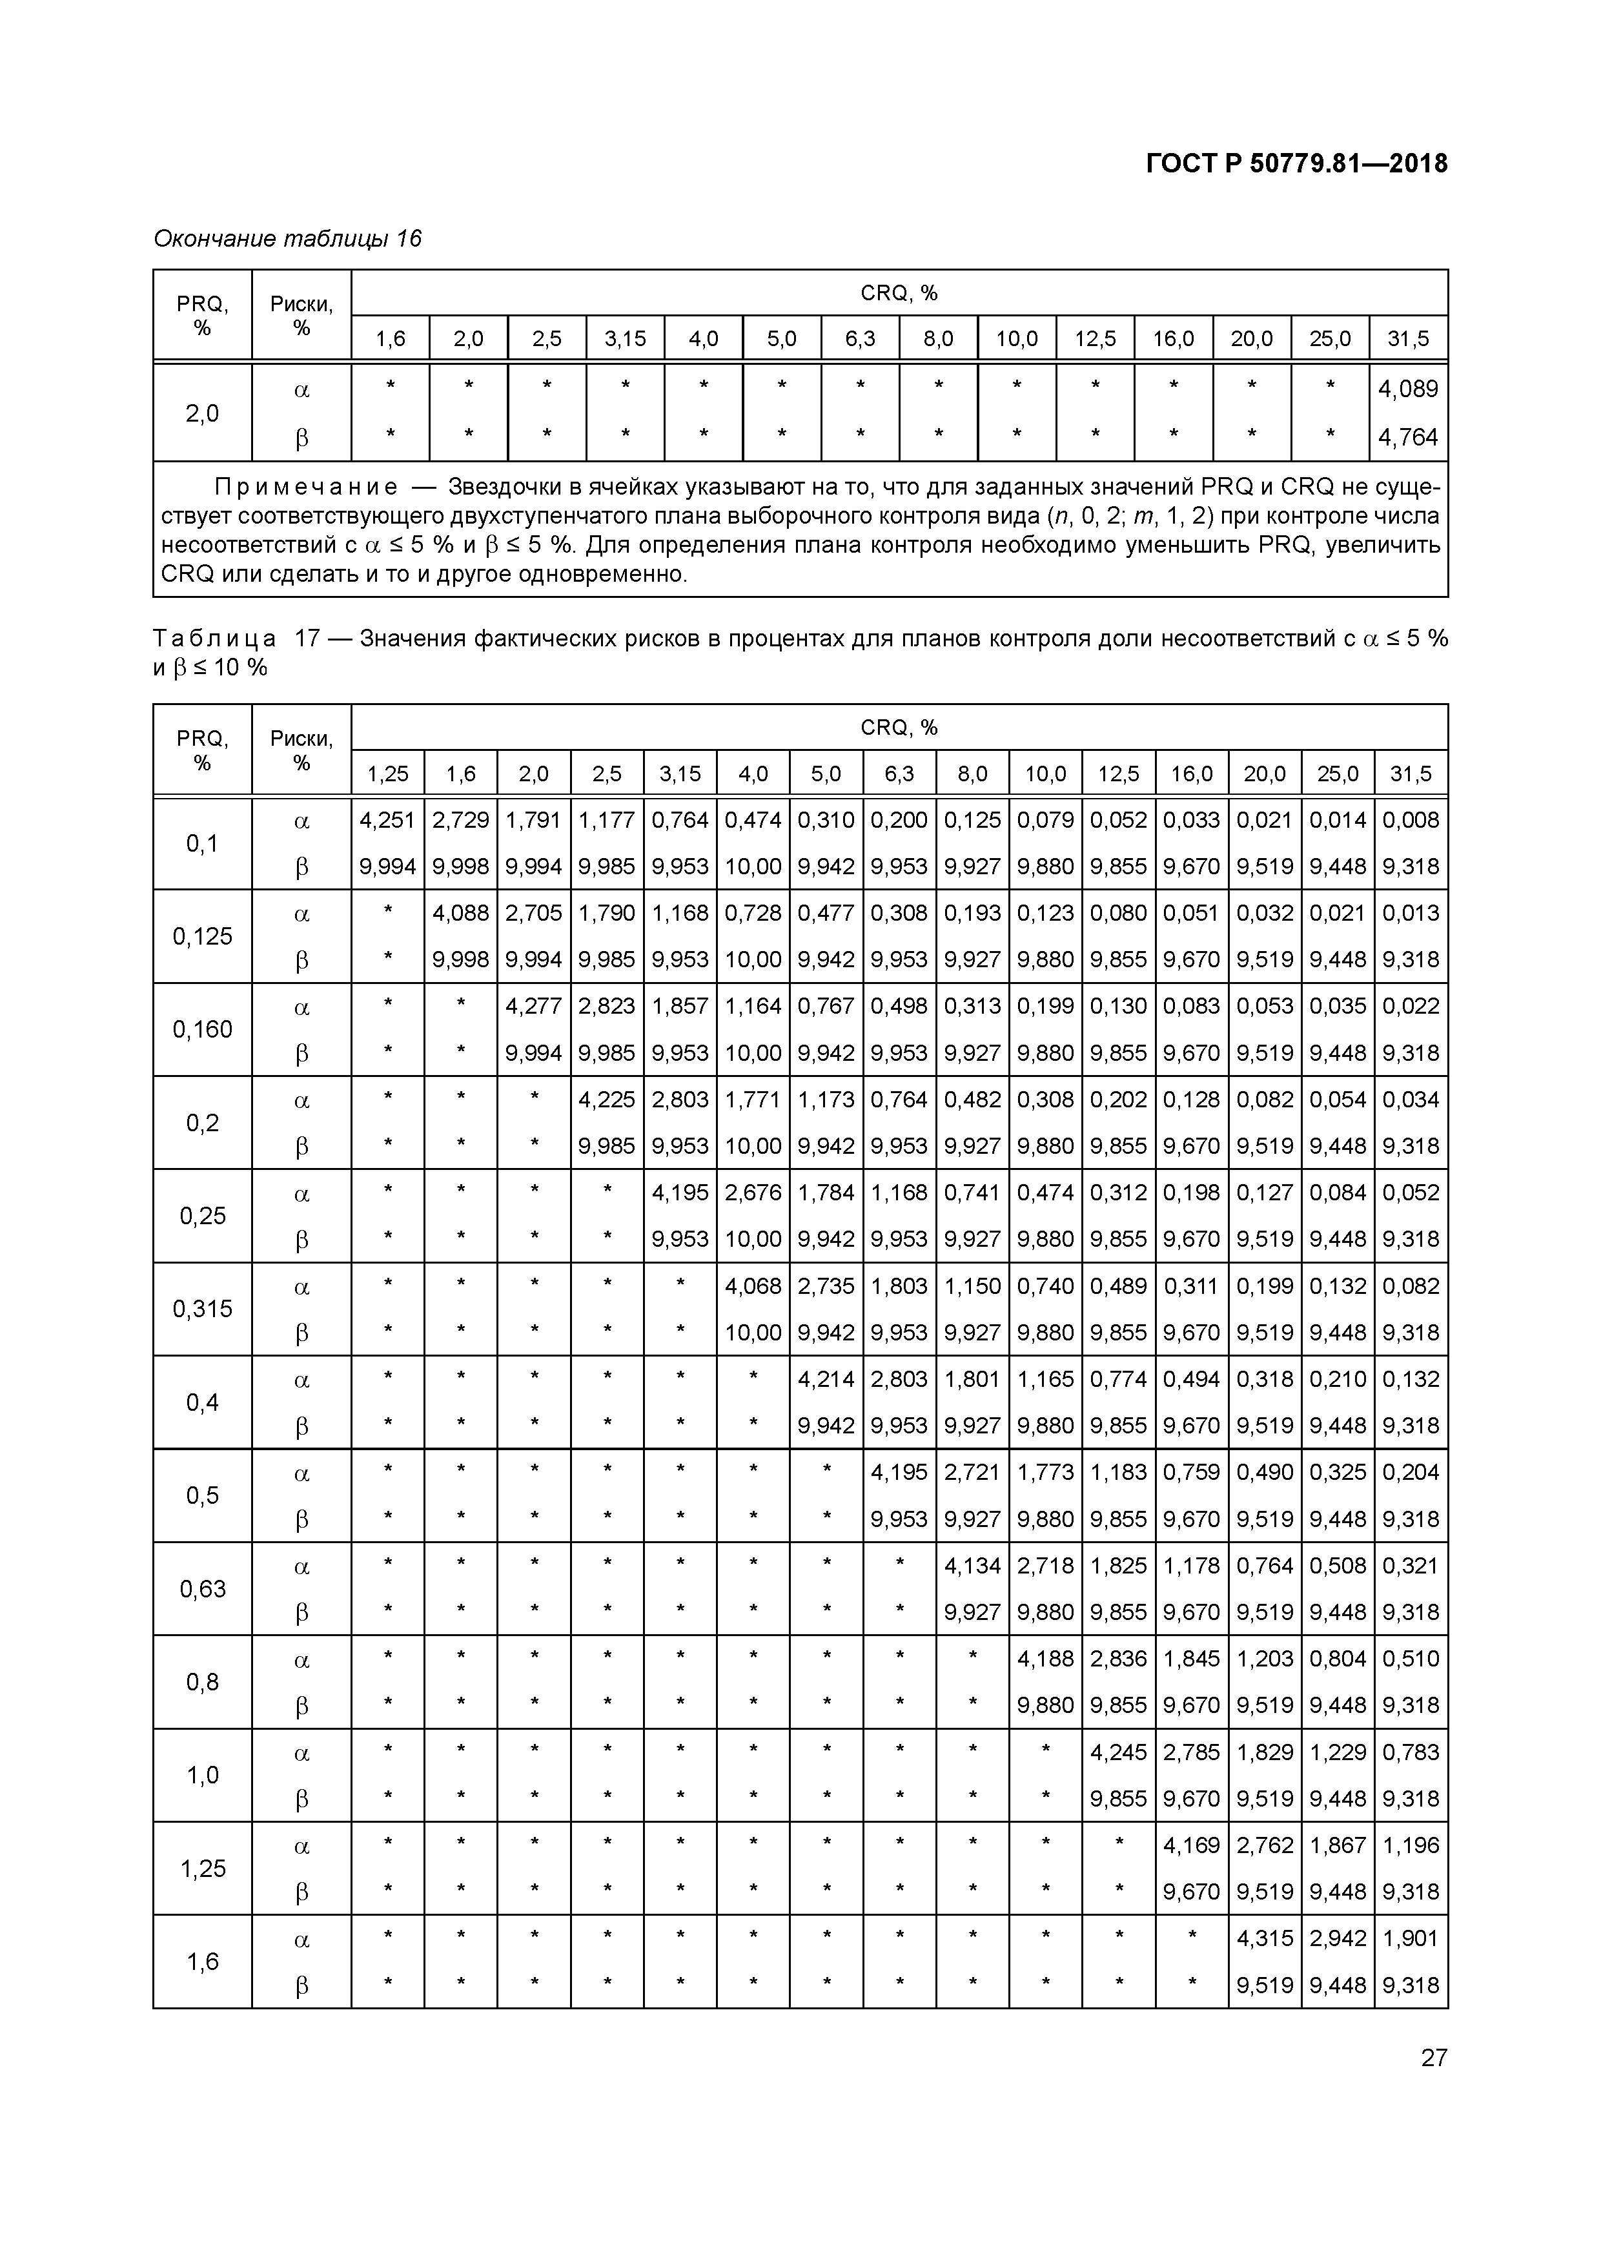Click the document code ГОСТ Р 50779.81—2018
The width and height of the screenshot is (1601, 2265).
click(x=1296, y=164)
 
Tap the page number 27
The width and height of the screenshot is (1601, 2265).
click(x=1433, y=2057)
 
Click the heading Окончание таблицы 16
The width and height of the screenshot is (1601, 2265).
click(x=287, y=239)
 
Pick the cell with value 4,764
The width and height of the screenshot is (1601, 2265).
click(x=1408, y=437)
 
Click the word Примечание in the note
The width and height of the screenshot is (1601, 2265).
click(x=307, y=487)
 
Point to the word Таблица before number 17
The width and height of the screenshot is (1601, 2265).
click(x=214, y=639)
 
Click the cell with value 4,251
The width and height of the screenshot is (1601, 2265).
click(x=388, y=820)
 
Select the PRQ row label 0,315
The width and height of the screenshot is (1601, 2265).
click(x=202, y=1309)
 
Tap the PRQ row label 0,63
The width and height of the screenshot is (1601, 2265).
click(x=202, y=1589)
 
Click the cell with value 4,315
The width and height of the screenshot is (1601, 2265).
click(x=1265, y=1938)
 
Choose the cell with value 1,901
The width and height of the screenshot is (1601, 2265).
click(x=1411, y=1938)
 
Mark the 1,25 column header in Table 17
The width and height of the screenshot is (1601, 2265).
click(x=388, y=774)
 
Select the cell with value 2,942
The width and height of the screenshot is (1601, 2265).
click(x=1338, y=1938)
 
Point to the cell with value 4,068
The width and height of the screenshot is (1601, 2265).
click(x=753, y=1286)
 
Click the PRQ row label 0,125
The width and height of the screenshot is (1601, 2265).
click(x=202, y=936)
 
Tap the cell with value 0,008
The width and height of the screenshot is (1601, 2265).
click(x=1411, y=820)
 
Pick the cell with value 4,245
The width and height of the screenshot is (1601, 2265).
click(x=1119, y=1752)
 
